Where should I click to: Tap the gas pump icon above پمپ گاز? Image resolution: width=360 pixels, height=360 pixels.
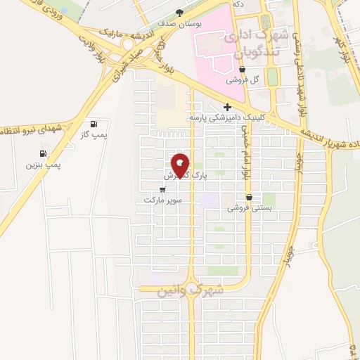(x=94, y=124)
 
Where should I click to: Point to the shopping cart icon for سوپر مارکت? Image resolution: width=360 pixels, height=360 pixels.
(x=163, y=190)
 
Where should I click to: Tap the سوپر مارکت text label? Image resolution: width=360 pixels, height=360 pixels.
(x=163, y=200)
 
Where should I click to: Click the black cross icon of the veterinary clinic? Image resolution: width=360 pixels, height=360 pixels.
(x=226, y=106)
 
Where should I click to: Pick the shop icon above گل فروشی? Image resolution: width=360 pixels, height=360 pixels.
(x=243, y=70)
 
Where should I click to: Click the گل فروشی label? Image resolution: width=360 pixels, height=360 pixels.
(x=243, y=80)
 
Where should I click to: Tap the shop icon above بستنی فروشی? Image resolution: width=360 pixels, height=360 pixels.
(x=249, y=198)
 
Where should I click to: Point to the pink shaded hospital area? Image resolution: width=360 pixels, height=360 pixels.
(x=218, y=42)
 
